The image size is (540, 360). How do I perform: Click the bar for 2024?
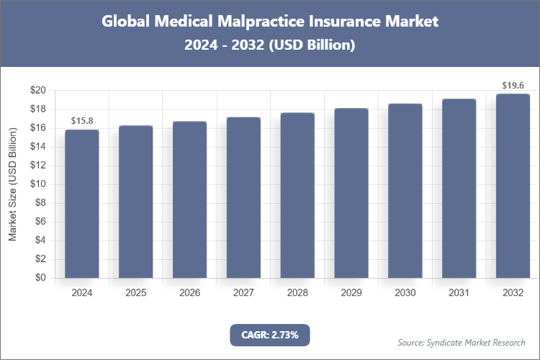(81, 204)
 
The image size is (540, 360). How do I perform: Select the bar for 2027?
(243, 197)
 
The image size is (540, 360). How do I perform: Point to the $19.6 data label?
(513, 85)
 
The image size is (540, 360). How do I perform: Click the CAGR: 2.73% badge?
(269, 335)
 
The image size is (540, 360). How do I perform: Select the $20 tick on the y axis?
(37, 91)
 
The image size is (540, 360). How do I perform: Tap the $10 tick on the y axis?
(37, 184)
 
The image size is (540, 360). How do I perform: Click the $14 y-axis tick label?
(37, 147)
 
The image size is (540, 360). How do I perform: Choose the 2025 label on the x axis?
(135, 293)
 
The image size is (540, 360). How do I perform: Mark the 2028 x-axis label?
(297, 293)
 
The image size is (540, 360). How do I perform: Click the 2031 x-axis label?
(459, 293)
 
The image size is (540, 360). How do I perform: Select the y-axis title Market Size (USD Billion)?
(12, 184)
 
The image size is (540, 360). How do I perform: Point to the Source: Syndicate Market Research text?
(462, 342)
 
